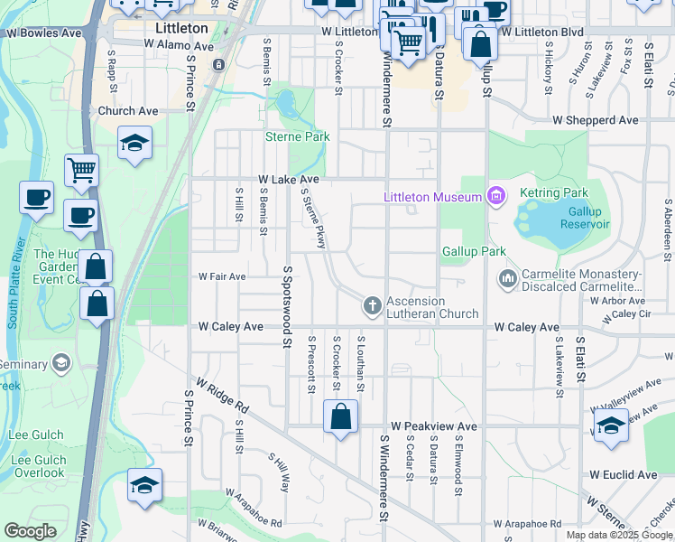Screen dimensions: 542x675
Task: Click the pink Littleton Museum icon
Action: (x=495, y=195)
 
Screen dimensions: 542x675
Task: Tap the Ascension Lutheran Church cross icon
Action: (x=371, y=307)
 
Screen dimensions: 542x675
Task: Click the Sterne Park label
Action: (x=297, y=136)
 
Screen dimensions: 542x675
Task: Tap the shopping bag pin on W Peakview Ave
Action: (x=341, y=417)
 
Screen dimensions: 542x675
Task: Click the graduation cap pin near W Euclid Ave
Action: (x=611, y=425)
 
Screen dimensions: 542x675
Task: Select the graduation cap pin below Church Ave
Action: (x=134, y=143)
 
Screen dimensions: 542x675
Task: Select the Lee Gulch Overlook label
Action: (x=38, y=466)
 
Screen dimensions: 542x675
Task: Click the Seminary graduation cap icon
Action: (x=61, y=364)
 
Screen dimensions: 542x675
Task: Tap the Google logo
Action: (x=31, y=531)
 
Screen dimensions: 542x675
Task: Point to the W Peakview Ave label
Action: (x=433, y=425)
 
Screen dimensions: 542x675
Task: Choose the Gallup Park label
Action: (x=474, y=251)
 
